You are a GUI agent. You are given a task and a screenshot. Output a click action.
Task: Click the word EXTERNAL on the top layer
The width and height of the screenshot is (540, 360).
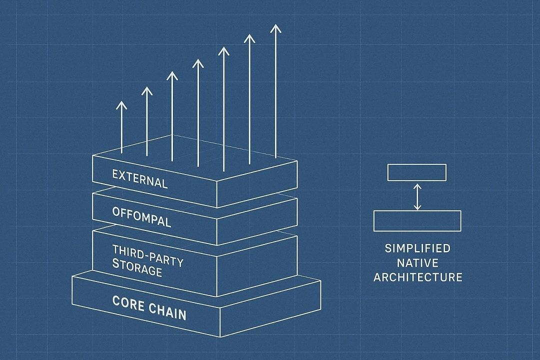[139, 179]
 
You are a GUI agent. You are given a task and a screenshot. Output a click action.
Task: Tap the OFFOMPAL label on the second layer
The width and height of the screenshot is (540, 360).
[141, 215]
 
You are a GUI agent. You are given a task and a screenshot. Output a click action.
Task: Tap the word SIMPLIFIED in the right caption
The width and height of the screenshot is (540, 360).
[417, 248]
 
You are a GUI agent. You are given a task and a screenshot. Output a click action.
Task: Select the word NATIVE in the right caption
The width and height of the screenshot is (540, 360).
[417, 262]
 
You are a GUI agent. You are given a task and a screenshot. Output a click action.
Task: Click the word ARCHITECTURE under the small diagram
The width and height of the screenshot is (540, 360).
[417, 277]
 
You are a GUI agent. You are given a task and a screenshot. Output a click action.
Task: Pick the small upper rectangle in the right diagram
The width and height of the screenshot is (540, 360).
[417, 172]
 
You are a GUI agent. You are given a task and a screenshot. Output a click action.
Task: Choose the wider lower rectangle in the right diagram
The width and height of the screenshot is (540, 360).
[417, 220]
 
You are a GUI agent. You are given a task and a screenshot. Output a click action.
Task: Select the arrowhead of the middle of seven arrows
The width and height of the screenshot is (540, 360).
[198, 63]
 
